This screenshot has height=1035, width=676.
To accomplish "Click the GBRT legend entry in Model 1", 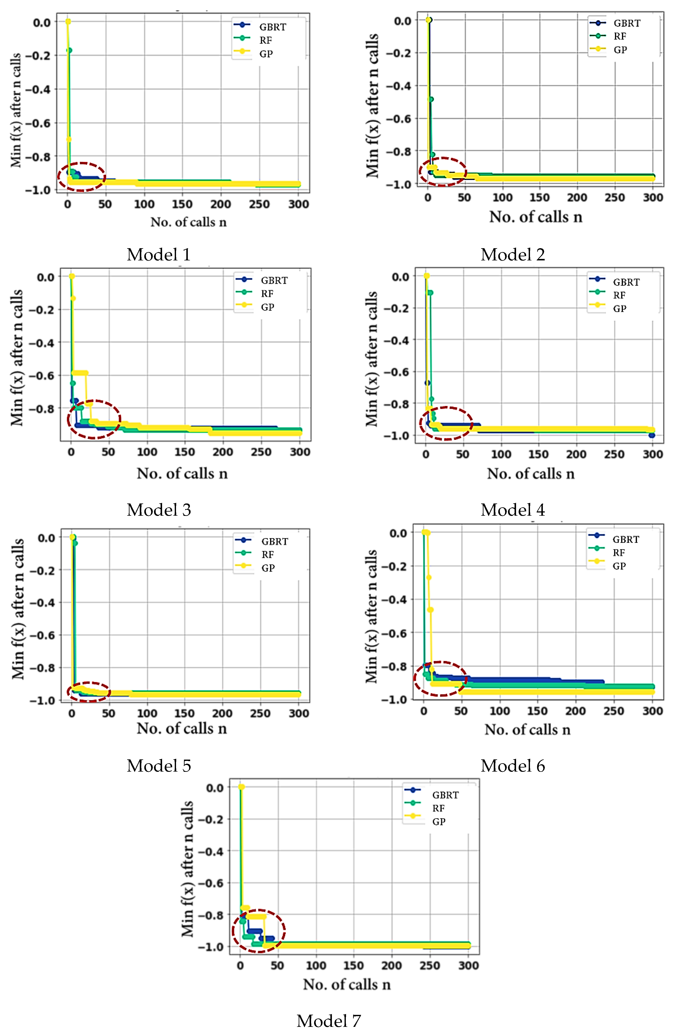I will coord(272,27).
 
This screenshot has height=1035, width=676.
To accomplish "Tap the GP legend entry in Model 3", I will coord(267,307).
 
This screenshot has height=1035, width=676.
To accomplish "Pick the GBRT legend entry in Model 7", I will coord(445,795).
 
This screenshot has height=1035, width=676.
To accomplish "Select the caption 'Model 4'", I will coord(512,510).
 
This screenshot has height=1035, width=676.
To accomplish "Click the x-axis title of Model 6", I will coord(527,729).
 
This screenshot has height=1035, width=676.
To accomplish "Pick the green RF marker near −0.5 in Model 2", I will coord(431,99).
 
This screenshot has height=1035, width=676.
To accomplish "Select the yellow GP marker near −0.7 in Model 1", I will coord(68,139).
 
